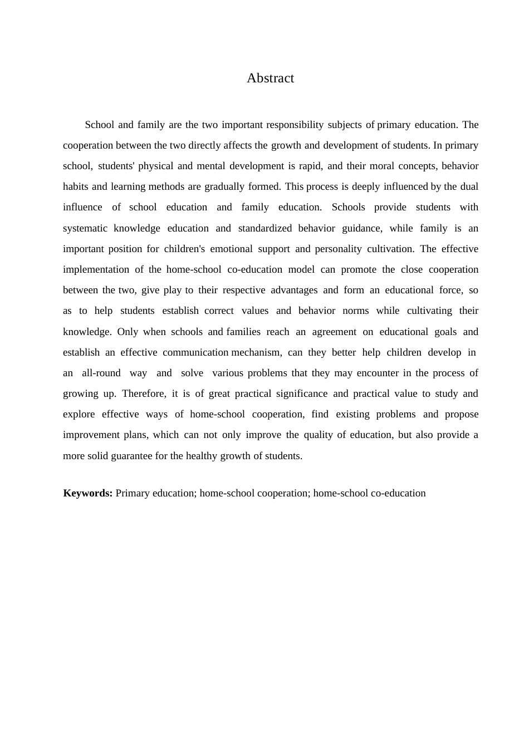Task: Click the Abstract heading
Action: click(x=270, y=78)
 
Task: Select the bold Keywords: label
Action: click(x=88, y=493)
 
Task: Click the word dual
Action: click(x=469, y=186)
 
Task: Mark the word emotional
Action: click(x=232, y=249)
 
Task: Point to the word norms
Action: click(x=356, y=311)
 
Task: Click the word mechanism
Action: click(x=256, y=352)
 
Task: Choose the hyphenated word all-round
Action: click(x=101, y=373)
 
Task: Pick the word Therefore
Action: click(x=144, y=393)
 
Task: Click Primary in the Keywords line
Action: click(x=133, y=493)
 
